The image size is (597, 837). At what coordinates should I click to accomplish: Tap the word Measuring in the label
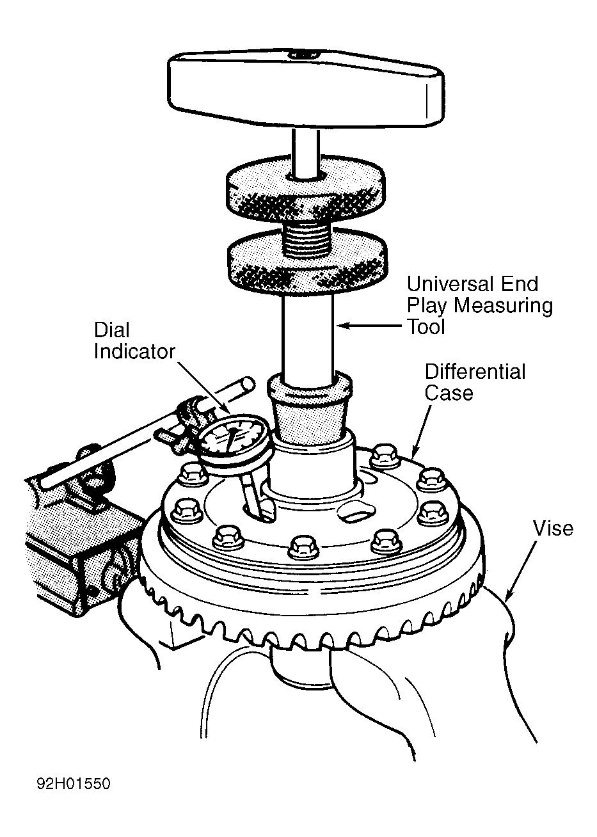click(503, 307)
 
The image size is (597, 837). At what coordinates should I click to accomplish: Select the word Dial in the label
click(111, 330)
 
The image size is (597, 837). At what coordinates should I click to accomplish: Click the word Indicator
click(134, 352)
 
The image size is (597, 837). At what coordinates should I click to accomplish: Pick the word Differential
click(475, 372)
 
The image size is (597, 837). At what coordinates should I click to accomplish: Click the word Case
click(449, 393)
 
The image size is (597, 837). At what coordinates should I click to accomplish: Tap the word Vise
click(553, 529)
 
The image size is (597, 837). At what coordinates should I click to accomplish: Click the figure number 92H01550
click(74, 783)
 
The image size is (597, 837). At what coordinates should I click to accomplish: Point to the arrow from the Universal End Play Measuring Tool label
click(370, 326)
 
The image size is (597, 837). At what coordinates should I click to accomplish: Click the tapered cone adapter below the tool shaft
click(309, 411)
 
